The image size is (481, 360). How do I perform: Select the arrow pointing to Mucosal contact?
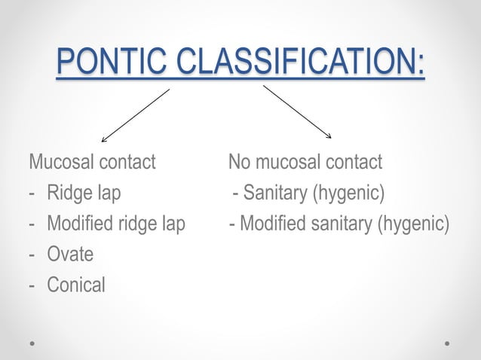135,115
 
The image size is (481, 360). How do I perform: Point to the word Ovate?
70,255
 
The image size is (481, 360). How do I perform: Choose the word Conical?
76,285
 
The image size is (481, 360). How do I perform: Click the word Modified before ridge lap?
79,224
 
